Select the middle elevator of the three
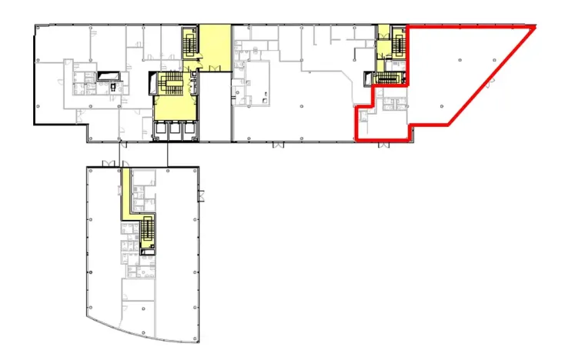[176, 130]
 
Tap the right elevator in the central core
[189, 130]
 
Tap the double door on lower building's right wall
[202, 195]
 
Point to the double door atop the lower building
[109, 163]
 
